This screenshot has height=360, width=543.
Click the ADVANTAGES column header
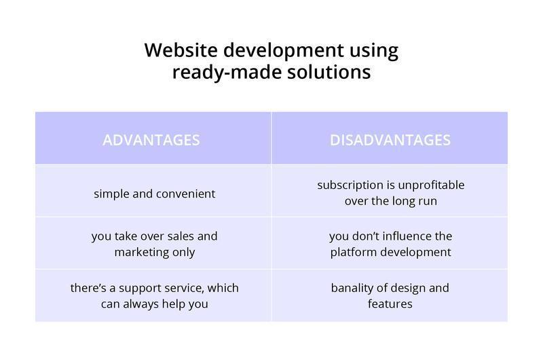pyautogui.click(x=151, y=140)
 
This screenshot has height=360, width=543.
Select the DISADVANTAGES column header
pyautogui.click(x=390, y=140)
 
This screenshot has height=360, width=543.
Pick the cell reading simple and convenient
pyautogui.click(x=154, y=194)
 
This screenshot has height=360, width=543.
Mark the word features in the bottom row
pyautogui.click(x=390, y=304)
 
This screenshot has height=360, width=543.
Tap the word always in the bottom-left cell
pyautogui.click(x=141, y=304)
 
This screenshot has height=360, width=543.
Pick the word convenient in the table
pyautogui.click(x=185, y=194)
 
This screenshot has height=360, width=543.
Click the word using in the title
pyautogui.click(x=374, y=50)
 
